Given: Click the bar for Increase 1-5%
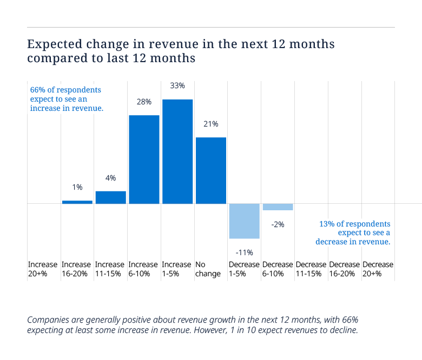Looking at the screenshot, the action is [x=177, y=152].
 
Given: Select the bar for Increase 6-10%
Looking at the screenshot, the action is [x=144, y=159].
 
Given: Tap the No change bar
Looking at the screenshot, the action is [x=211, y=170].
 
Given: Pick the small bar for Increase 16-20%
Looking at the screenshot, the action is [x=77, y=202].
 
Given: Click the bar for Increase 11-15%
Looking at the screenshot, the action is [x=111, y=197].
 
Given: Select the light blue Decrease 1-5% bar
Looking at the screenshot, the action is [x=245, y=221].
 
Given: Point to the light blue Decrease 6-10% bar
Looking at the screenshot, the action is [x=278, y=206].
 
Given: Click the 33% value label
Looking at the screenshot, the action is [x=177, y=86].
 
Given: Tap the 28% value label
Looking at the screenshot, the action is [x=144, y=102].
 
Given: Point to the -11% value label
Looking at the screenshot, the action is [x=245, y=253].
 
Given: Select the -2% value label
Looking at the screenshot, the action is [x=278, y=224].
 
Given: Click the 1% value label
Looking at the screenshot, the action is [x=77, y=187].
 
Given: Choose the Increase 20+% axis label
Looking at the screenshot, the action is [x=43, y=269].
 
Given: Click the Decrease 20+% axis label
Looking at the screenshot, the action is [x=378, y=269].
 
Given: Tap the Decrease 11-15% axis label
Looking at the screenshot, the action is [x=311, y=269].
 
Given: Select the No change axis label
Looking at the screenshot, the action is [x=208, y=269].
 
